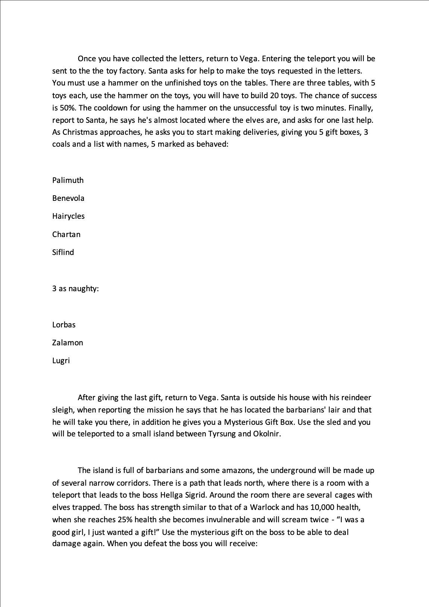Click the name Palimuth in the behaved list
68,180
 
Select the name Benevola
68,198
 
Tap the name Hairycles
68,216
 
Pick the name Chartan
66,234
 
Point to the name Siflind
63,252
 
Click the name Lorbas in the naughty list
64,325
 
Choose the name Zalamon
68,343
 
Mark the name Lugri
61,361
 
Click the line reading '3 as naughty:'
75,289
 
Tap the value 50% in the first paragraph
68,108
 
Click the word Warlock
264,507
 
